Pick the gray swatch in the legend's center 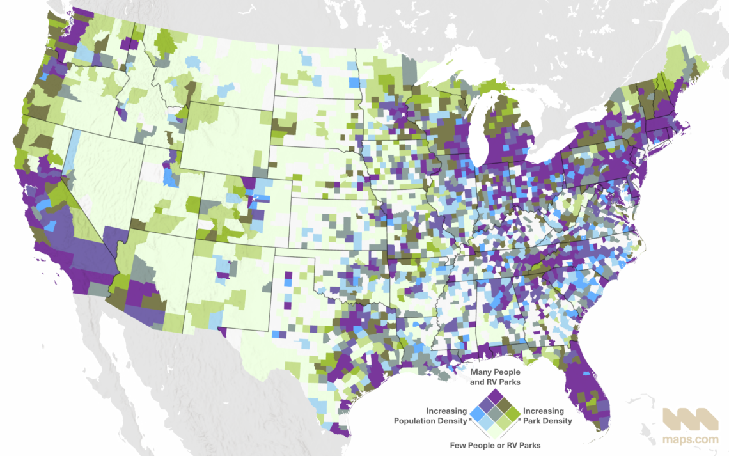[x=496, y=416]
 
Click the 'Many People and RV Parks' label [x=496, y=376]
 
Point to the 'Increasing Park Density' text [x=545, y=416]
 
